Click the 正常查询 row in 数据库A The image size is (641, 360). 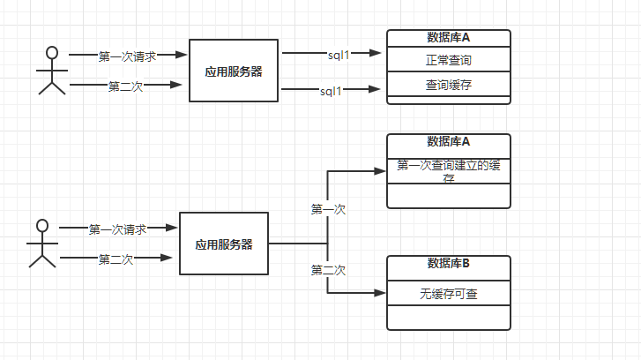(448, 60)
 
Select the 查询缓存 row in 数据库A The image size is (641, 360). (448, 85)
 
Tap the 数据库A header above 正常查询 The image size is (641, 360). (448, 37)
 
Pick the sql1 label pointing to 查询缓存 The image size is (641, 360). (331, 90)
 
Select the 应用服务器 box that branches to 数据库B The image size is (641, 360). (223, 244)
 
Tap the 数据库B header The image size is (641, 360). (448, 263)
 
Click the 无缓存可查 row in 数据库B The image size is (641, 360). (448, 294)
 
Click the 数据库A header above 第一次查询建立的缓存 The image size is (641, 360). (448, 141)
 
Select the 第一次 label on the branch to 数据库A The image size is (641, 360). (328, 209)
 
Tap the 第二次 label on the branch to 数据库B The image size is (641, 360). (328, 270)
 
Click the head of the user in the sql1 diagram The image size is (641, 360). (52, 51)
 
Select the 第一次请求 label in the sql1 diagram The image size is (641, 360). (127, 56)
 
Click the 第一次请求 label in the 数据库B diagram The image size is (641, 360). (116, 229)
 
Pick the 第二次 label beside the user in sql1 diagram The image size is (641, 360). (125, 86)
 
